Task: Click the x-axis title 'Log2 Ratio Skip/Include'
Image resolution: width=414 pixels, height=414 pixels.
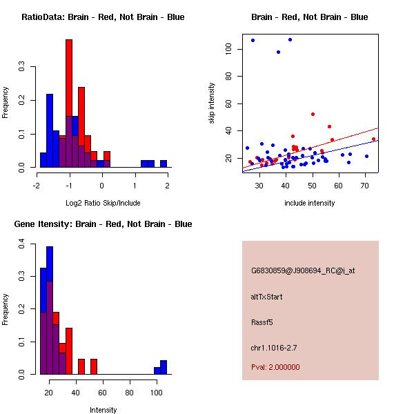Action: coord(102,203)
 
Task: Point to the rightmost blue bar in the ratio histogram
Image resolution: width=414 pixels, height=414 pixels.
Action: coord(164,164)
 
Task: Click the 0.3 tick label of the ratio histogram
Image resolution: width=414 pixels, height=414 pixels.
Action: coord(22,67)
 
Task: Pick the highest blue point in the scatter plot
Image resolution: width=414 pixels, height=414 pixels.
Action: coord(290,39)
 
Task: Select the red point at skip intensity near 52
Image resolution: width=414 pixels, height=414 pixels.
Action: coord(313,114)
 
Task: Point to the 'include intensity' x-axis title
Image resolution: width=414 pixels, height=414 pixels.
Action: coord(310,203)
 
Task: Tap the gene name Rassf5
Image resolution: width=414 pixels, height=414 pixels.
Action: coord(264,322)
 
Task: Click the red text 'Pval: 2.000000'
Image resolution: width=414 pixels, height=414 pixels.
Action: coord(275,367)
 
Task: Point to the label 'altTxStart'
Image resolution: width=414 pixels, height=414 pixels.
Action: coord(267,297)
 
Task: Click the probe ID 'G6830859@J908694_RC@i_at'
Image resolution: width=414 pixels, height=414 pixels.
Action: coord(303,271)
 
